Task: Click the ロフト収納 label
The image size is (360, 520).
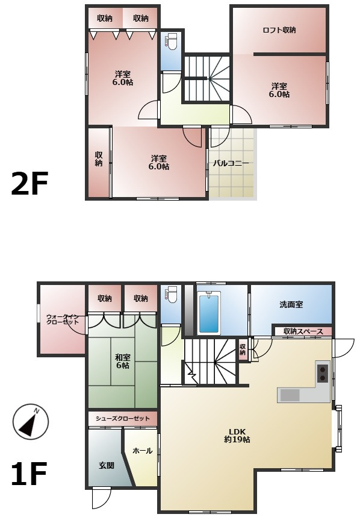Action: (279, 30)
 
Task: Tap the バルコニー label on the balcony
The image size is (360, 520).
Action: (231, 163)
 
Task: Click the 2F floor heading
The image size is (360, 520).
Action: (29, 183)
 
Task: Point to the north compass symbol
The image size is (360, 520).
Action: (31, 422)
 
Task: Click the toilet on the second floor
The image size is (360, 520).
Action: (172, 42)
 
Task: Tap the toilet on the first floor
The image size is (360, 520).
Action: (172, 295)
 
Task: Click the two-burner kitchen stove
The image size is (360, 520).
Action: (323, 373)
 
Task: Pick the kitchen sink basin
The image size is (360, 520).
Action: (290, 395)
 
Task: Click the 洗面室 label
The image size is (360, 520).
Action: (291, 304)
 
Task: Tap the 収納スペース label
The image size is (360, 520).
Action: (303, 331)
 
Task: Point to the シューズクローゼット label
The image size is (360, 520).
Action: (123, 419)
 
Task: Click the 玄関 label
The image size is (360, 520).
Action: (107, 465)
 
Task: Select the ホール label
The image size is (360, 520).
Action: (143, 451)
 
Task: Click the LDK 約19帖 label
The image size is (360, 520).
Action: (237, 436)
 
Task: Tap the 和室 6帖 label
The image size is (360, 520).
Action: (123, 362)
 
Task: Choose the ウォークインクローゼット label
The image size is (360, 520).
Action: (63, 319)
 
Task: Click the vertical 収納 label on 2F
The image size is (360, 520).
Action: (99, 159)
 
